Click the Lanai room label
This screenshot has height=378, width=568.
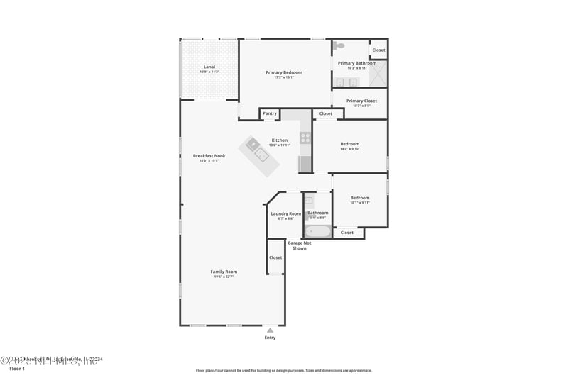209,67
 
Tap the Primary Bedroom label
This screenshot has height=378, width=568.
284,72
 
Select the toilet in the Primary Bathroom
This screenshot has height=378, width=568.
340,45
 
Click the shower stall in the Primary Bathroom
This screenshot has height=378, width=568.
379,73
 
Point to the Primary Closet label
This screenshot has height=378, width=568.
361,101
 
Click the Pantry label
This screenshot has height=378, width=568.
270,113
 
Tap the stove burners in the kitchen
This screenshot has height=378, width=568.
305,138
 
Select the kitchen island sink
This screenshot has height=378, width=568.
261,153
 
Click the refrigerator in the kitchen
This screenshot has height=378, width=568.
305,165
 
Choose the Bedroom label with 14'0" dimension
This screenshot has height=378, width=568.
350,144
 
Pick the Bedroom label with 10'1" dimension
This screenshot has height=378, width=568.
359,198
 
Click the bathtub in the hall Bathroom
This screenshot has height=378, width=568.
317,230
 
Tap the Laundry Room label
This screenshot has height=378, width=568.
285,213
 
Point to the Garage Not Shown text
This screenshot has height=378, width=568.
299,245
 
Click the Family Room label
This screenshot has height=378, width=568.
224,272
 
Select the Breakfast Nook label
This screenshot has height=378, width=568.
209,156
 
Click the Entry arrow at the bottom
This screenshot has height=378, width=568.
270,330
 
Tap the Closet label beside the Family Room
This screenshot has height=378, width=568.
275,257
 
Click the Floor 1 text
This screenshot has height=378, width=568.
17,369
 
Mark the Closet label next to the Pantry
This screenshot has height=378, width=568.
325,113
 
